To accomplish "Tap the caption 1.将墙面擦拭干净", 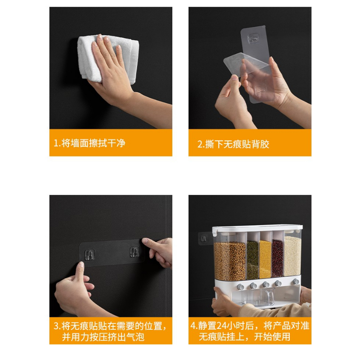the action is (89, 143).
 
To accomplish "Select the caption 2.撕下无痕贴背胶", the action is (233, 144).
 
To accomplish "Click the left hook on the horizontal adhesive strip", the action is (90, 254).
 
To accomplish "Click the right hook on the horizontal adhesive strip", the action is (134, 252).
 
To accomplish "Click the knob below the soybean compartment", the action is (240, 287).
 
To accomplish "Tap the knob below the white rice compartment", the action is (296, 281).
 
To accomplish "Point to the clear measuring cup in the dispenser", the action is (268, 297).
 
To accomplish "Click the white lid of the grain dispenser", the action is (257, 229).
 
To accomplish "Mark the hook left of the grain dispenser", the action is (204, 239).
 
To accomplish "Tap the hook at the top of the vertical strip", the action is (253, 39).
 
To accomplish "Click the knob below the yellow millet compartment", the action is (266, 284).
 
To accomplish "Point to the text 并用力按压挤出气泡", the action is (103, 337).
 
